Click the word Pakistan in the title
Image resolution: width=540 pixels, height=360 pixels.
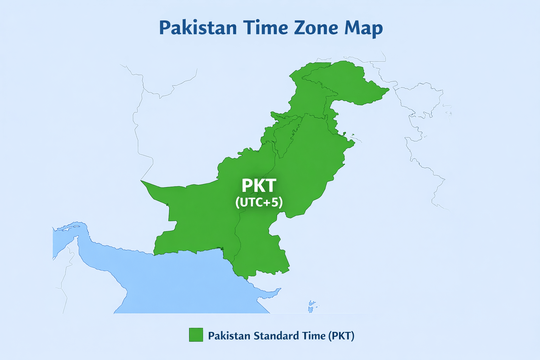(198, 28)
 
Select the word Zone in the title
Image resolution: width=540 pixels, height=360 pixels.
(315, 28)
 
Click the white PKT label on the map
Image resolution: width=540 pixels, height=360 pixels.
(259, 186)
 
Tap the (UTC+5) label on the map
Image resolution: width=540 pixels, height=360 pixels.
(259, 202)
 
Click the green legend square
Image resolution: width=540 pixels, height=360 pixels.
(196, 335)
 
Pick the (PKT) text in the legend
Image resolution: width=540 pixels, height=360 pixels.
(341, 336)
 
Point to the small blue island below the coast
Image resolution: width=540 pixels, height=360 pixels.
(311, 306)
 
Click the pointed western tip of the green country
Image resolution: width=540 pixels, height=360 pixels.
(141, 181)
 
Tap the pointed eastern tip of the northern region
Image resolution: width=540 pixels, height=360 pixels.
(388, 90)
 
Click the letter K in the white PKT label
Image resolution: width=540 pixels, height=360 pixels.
(259, 186)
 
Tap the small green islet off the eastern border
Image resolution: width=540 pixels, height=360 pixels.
(353, 135)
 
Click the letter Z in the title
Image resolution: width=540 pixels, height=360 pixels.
(301, 28)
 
